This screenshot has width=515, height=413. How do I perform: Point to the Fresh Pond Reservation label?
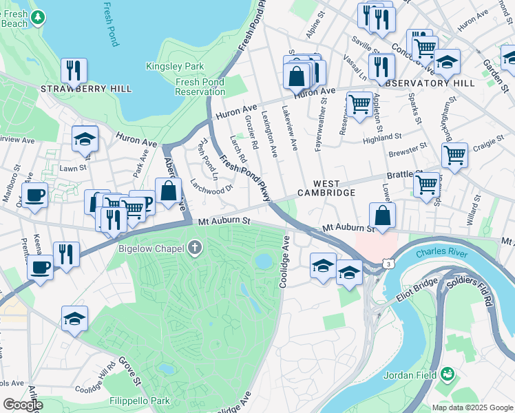click(x=200, y=87)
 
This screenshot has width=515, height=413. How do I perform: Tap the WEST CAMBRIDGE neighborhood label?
click(x=326, y=189)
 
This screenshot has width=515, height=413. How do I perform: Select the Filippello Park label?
click(x=140, y=400)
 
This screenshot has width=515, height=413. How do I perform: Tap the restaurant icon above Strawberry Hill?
click(x=72, y=70)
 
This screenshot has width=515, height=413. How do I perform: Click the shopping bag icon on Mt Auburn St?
click(x=382, y=215)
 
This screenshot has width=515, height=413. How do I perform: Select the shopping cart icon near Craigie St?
click(x=454, y=156)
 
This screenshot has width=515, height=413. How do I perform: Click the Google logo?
click(x=23, y=405)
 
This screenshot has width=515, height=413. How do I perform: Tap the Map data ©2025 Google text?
click(x=472, y=407)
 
